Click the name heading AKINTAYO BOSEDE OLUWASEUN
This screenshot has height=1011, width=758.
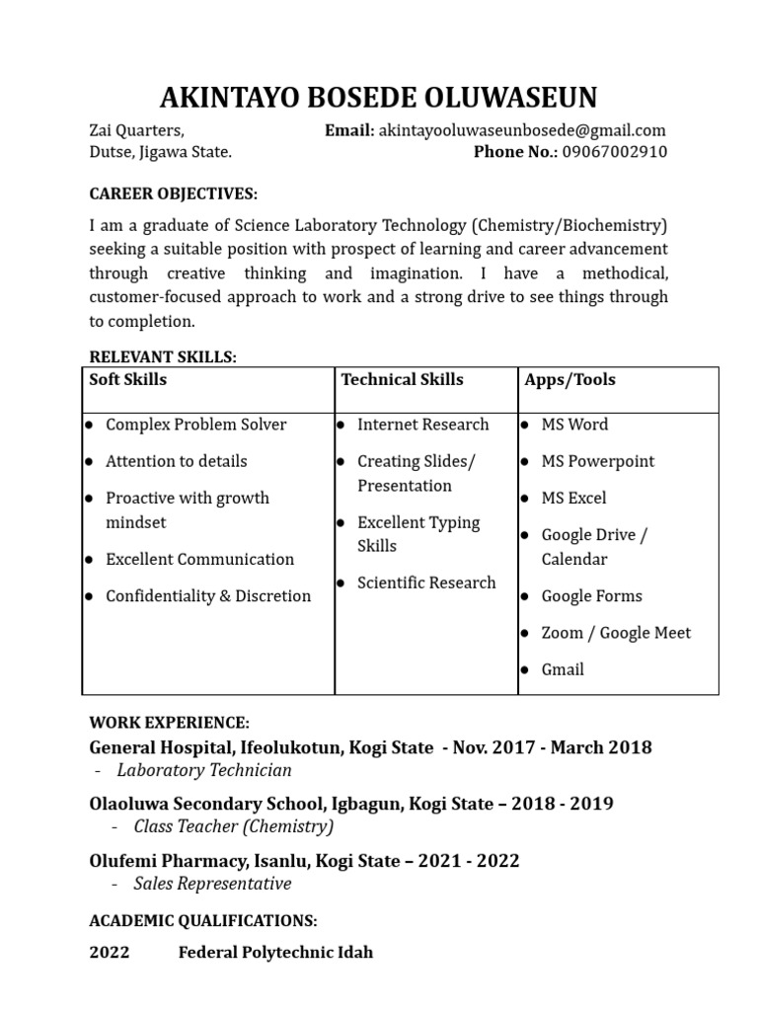coord(378,98)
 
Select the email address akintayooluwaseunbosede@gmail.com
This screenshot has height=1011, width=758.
coord(522,130)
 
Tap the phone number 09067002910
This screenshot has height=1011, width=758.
coord(614,152)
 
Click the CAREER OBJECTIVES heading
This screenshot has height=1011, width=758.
coord(174,194)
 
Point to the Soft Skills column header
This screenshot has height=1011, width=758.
coord(128,380)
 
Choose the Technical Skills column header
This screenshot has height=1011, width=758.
coord(402,380)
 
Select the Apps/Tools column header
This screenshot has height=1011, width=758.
coord(570,380)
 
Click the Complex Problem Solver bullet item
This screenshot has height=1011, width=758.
coord(195,425)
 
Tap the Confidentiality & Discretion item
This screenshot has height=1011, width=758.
coord(208,596)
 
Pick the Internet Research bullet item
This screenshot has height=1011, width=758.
coord(422,425)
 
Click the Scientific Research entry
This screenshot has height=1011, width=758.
coord(426,583)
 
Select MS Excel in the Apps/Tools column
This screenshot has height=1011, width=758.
coord(573,499)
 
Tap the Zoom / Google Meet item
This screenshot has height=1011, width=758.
coord(616,633)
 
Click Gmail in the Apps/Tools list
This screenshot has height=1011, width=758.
coord(563,669)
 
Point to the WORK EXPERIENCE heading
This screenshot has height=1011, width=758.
coord(170,724)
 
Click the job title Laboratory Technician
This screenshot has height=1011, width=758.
coord(204,770)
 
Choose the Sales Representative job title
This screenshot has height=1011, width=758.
coord(212,884)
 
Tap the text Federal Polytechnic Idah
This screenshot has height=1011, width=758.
coord(275,953)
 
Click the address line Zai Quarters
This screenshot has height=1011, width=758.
coord(136,130)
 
